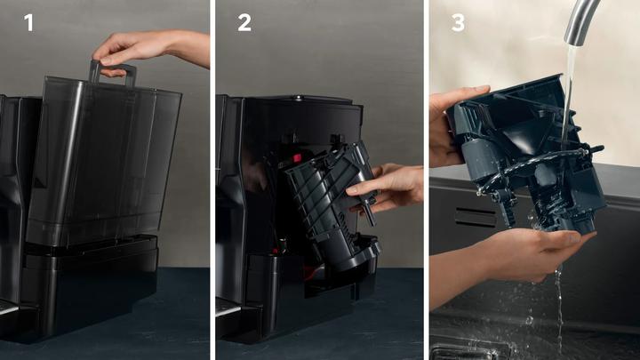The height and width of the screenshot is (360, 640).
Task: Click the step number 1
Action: point(28,22)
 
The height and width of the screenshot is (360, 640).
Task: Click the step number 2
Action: point(244,22)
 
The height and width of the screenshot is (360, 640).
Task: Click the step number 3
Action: point(458,22)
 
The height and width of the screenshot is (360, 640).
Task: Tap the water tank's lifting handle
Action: point(112,72)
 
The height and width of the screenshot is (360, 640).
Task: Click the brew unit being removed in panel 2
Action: point(331,204)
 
